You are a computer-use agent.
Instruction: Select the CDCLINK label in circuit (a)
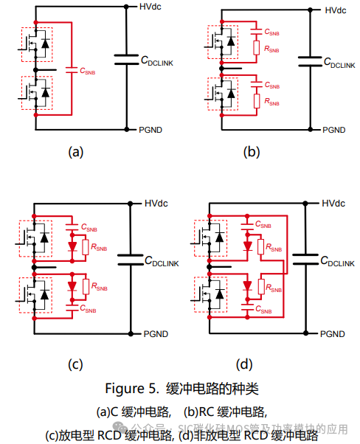tap(156, 64)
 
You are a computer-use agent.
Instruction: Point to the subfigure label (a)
tap(75, 152)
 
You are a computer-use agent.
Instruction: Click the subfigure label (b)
tap(252, 152)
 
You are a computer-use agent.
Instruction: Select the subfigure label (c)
tap(75, 364)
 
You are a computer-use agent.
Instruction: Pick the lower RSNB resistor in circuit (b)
tap(256, 101)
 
